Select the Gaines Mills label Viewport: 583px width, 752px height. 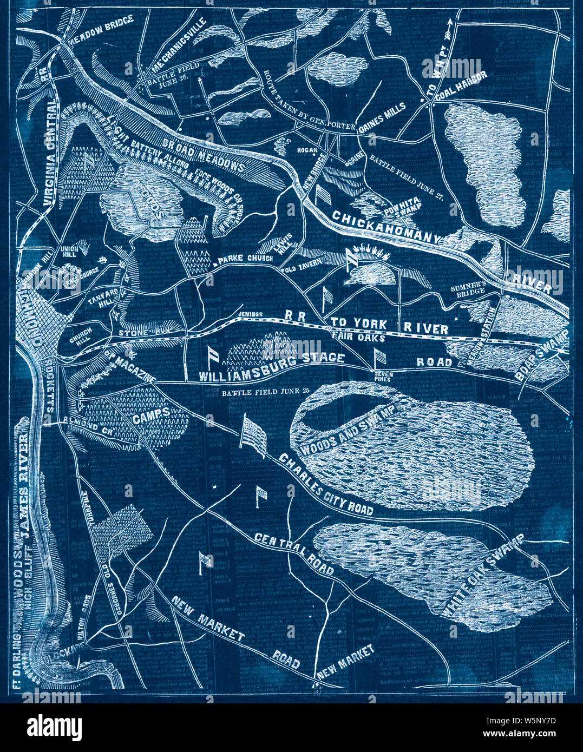click(x=381, y=116)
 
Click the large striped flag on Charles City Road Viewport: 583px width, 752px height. click(x=253, y=432)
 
